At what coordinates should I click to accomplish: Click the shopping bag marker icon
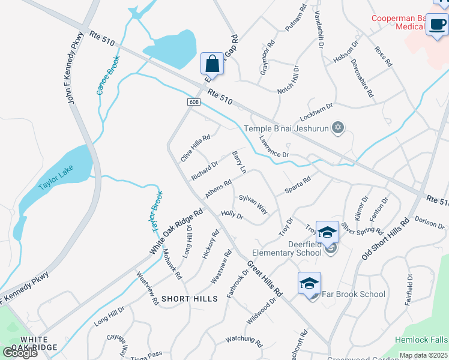point(212,63)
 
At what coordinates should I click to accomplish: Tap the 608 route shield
point(193,102)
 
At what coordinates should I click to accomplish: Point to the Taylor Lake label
point(55,178)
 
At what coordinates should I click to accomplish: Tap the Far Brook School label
point(354,294)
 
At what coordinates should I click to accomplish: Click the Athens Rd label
point(218,190)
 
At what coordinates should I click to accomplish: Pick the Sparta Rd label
point(297,185)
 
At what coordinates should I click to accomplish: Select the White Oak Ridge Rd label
point(177,231)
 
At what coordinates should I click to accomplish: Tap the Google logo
point(20,352)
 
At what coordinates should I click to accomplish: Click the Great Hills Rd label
point(264,278)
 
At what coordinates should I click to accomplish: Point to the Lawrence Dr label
point(274,147)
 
